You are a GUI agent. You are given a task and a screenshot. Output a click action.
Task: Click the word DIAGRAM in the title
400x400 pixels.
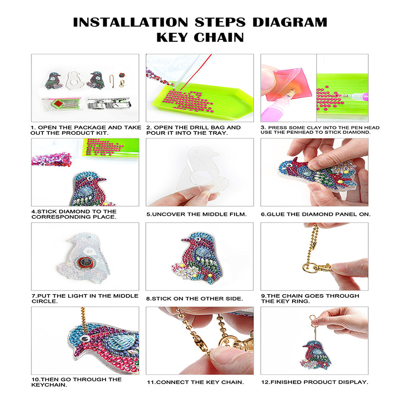click(x=290, y=22)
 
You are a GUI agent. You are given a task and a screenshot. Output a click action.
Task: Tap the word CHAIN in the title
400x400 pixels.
click(x=219, y=37)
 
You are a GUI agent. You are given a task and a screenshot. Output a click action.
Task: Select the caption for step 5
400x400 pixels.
click(x=197, y=214)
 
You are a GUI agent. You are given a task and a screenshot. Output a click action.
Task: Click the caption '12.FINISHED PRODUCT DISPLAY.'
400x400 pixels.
click(x=314, y=382)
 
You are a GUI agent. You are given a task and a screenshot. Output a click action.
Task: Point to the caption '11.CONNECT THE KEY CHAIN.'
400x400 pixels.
click(x=195, y=382)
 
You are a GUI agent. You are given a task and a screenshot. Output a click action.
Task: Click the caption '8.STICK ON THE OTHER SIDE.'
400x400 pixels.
click(x=195, y=299)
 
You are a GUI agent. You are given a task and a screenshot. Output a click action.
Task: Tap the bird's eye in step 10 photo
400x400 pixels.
click(x=85, y=339)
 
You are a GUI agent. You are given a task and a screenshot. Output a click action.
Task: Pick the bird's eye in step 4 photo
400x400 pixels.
click(x=90, y=178)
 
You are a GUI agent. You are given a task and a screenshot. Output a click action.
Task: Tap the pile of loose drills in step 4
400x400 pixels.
click(x=51, y=159)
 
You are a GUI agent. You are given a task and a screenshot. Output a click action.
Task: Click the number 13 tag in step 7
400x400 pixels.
click(x=89, y=251)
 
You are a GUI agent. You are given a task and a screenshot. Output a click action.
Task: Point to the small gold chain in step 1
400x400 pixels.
click(x=112, y=81)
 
